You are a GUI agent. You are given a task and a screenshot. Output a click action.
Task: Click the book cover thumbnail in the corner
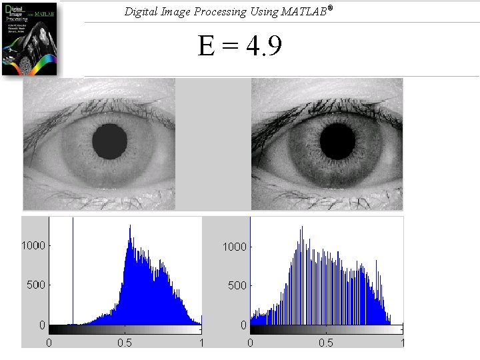(x=29, y=38)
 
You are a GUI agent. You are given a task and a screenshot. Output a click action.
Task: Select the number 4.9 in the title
(x=264, y=47)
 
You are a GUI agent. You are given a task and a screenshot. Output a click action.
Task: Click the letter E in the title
(x=206, y=47)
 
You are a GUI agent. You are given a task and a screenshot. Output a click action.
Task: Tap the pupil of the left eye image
(x=109, y=141)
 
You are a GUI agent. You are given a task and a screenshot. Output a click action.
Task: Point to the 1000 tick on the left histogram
(x=33, y=245)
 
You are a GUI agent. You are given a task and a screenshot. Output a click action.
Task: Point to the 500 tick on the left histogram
(x=36, y=285)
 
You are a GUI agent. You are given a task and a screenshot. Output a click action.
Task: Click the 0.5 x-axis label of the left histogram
(x=125, y=343)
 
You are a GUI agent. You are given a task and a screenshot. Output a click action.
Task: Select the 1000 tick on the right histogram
(x=234, y=247)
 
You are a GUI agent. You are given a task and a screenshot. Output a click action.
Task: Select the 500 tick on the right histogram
(x=237, y=285)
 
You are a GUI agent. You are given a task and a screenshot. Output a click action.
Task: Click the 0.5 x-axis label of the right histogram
(x=326, y=343)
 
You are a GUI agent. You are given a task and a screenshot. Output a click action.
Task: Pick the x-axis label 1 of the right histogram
(x=401, y=343)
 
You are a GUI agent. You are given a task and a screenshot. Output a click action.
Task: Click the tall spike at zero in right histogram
(x=250, y=267)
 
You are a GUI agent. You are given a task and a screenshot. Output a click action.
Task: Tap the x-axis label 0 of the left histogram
(x=49, y=343)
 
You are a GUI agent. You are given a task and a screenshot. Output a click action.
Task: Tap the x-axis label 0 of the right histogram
(x=250, y=343)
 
